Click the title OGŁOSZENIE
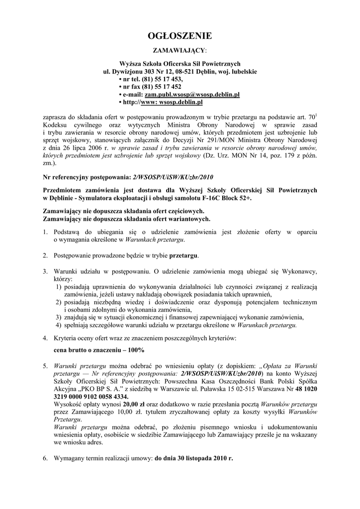(x=180, y=36)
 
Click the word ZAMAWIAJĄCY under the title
(x=179, y=51)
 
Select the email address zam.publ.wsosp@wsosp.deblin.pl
(x=192, y=94)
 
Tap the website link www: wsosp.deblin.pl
(x=173, y=102)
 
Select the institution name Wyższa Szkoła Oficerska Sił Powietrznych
(x=180, y=64)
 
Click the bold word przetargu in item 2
(x=183, y=255)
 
